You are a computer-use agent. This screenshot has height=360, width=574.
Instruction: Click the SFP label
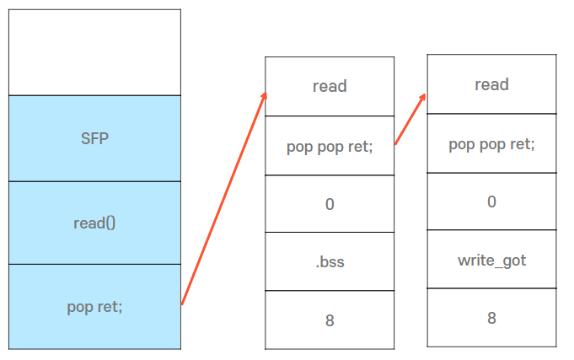point(94,139)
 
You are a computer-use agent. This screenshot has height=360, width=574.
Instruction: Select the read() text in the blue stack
point(94,223)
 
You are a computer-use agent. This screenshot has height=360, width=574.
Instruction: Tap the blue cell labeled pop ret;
point(94,307)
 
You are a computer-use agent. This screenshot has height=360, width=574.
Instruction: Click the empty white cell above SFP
point(94,52)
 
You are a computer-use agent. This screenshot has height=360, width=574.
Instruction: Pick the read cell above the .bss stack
point(330,86)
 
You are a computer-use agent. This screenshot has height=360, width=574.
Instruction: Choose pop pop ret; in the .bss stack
point(330,146)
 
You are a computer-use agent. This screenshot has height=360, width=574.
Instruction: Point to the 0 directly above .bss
point(330,204)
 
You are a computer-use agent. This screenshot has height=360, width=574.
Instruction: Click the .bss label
point(330,262)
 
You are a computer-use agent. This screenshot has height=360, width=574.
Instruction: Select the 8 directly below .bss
point(330,320)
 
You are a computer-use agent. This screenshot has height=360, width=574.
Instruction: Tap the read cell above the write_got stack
point(491,84)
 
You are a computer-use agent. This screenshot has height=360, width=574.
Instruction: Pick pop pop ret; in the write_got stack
point(491,143)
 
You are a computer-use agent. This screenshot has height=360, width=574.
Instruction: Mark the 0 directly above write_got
point(491,201)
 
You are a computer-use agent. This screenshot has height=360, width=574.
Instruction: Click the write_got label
point(491,260)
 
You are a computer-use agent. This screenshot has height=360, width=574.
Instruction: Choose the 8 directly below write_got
point(491,318)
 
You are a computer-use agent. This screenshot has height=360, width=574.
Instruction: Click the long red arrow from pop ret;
point(223,199)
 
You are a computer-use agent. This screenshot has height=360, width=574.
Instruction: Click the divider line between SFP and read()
point(94,181)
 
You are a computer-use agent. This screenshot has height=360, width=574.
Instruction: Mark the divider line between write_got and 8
point(491,288)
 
